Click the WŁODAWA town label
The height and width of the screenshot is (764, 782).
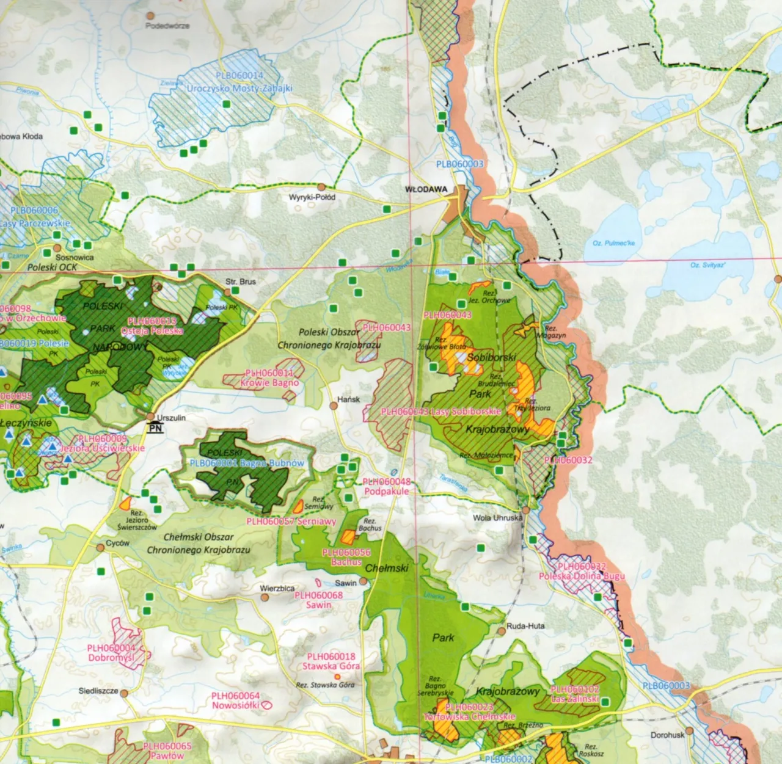pyautogui.click(x=426, y=189)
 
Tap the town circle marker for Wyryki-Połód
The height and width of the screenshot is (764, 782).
pyautogui.click(x=321, y=187)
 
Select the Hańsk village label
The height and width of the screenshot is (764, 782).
pyautogui.click(x=349, y=399)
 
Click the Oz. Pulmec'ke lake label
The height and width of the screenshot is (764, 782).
pyautogui.click(x=613, y=243)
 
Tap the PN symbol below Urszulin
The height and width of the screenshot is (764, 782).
pyautogui.click(x=155, y=429)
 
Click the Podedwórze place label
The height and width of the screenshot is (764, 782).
pyautogui.click(x=167, y=26)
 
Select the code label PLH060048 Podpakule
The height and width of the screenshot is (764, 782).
pyautogui.click(x=386, y=486)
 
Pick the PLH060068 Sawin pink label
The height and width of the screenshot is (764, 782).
pyautogui.click(x=318, y=600)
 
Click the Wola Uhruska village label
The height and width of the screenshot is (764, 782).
pyautogui.click(x=498, y=518)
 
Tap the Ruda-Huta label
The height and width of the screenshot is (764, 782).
pyautogui.click(x=525, y=626)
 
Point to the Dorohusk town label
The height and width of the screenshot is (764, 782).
pyautogui.click(x=667, y=735)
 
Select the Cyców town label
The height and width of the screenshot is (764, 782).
pyautogui.click(x=117, y=542)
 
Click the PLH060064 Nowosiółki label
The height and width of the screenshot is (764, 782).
pyautogui.click(x=236, y=700)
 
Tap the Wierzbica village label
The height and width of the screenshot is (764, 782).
pyautogui.click(x=277, y=589)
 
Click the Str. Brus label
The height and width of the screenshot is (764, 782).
pyautogui.click(x=241, y=282)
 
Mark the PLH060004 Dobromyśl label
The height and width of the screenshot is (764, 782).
pyautogui.click(x=111, y=653)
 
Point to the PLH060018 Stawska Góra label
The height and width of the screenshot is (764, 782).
pyautogui.click(x=331, y=661)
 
